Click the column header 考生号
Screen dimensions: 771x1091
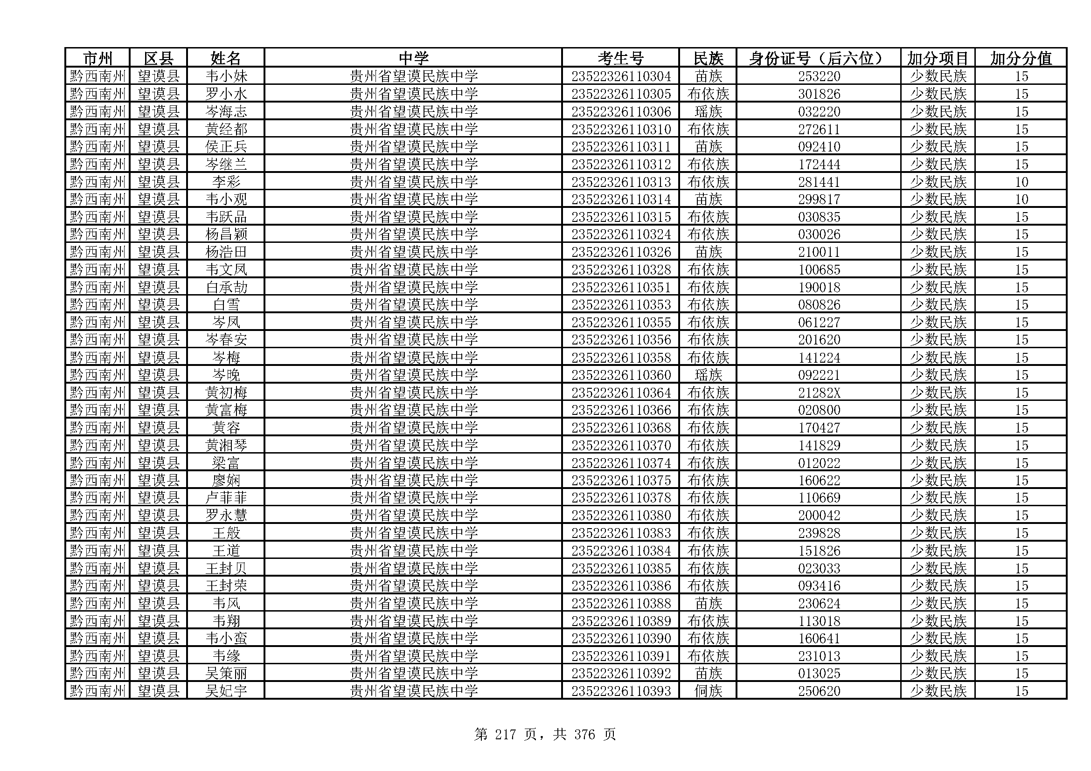620,58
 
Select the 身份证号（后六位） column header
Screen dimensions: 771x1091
818,58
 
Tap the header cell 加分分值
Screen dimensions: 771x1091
1021,58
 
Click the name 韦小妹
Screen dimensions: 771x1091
226,76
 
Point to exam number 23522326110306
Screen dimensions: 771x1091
620,111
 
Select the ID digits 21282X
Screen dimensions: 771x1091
819,392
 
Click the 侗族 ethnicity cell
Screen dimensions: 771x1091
708,691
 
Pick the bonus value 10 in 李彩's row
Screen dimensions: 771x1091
1021,182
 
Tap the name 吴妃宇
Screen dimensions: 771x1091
226,691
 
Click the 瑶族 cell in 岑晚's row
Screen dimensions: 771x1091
708,375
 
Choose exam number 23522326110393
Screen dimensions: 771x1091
620,691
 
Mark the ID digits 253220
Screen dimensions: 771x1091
819,76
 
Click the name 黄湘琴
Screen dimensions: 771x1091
226,445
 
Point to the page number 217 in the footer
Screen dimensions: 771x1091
505,735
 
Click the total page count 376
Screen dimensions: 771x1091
584,735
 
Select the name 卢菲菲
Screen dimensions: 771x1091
226,497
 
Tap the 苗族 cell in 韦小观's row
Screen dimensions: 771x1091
708,199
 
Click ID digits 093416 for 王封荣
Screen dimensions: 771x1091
819,585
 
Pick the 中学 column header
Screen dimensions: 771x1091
413,58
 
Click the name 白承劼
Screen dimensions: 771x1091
226,287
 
